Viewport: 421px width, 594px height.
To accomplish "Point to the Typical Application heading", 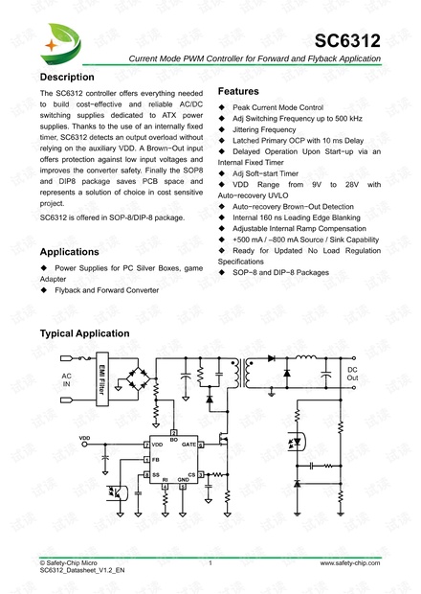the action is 84,333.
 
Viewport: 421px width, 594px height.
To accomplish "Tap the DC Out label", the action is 352,374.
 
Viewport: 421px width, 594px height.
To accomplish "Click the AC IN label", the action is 67,380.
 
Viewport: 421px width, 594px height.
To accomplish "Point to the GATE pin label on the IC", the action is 189,445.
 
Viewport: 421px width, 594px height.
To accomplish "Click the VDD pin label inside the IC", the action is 157,445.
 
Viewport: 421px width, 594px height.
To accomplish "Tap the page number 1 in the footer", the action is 210,563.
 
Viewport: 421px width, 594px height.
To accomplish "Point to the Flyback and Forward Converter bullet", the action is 105,288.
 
